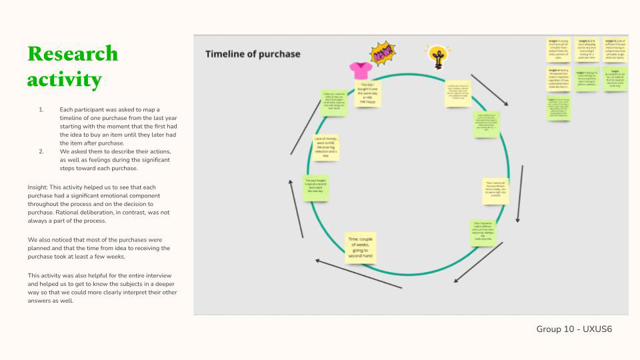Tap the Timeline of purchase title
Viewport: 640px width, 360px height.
(x=253, y=54)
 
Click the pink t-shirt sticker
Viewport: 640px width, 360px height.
(x=361, y=69)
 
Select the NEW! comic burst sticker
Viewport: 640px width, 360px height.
(x=383, y=54)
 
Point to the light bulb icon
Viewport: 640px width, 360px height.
(x=438, y=57)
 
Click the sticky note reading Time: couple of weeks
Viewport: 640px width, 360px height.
(x=361, y=248)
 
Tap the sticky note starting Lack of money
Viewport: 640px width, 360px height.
(x=326, y=147)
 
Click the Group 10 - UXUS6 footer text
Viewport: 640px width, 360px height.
(x=574, y=329)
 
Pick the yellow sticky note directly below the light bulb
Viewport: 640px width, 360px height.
(x=458, y=93)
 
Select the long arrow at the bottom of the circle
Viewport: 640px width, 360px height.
(x=358, y=273)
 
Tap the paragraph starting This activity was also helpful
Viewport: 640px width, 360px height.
(x=102, y=287)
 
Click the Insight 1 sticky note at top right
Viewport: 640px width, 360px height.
(x=559, y=49)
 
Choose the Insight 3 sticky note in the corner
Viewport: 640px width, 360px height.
(x=614, y=49)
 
